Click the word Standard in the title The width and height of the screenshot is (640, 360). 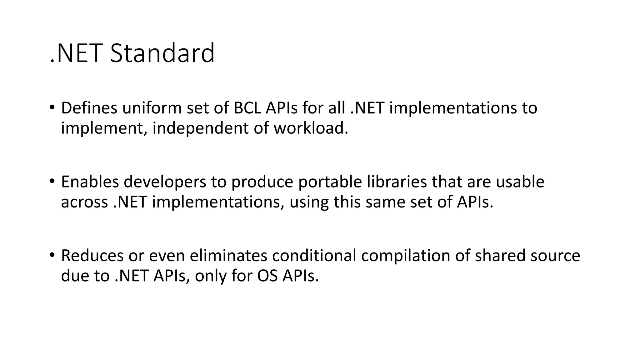click(x=162, y=53)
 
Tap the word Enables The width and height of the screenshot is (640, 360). click(x=90, y=182)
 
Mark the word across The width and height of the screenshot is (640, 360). click(x=84, y=202)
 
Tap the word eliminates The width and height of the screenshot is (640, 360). click(x=228, y=256)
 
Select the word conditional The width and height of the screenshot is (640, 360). click(x=314, y=256)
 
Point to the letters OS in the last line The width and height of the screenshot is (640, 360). click(x=267, y=276)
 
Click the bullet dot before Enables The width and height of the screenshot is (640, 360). click(x=52, y=181)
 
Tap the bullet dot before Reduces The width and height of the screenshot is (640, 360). click(x=52, y=255)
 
